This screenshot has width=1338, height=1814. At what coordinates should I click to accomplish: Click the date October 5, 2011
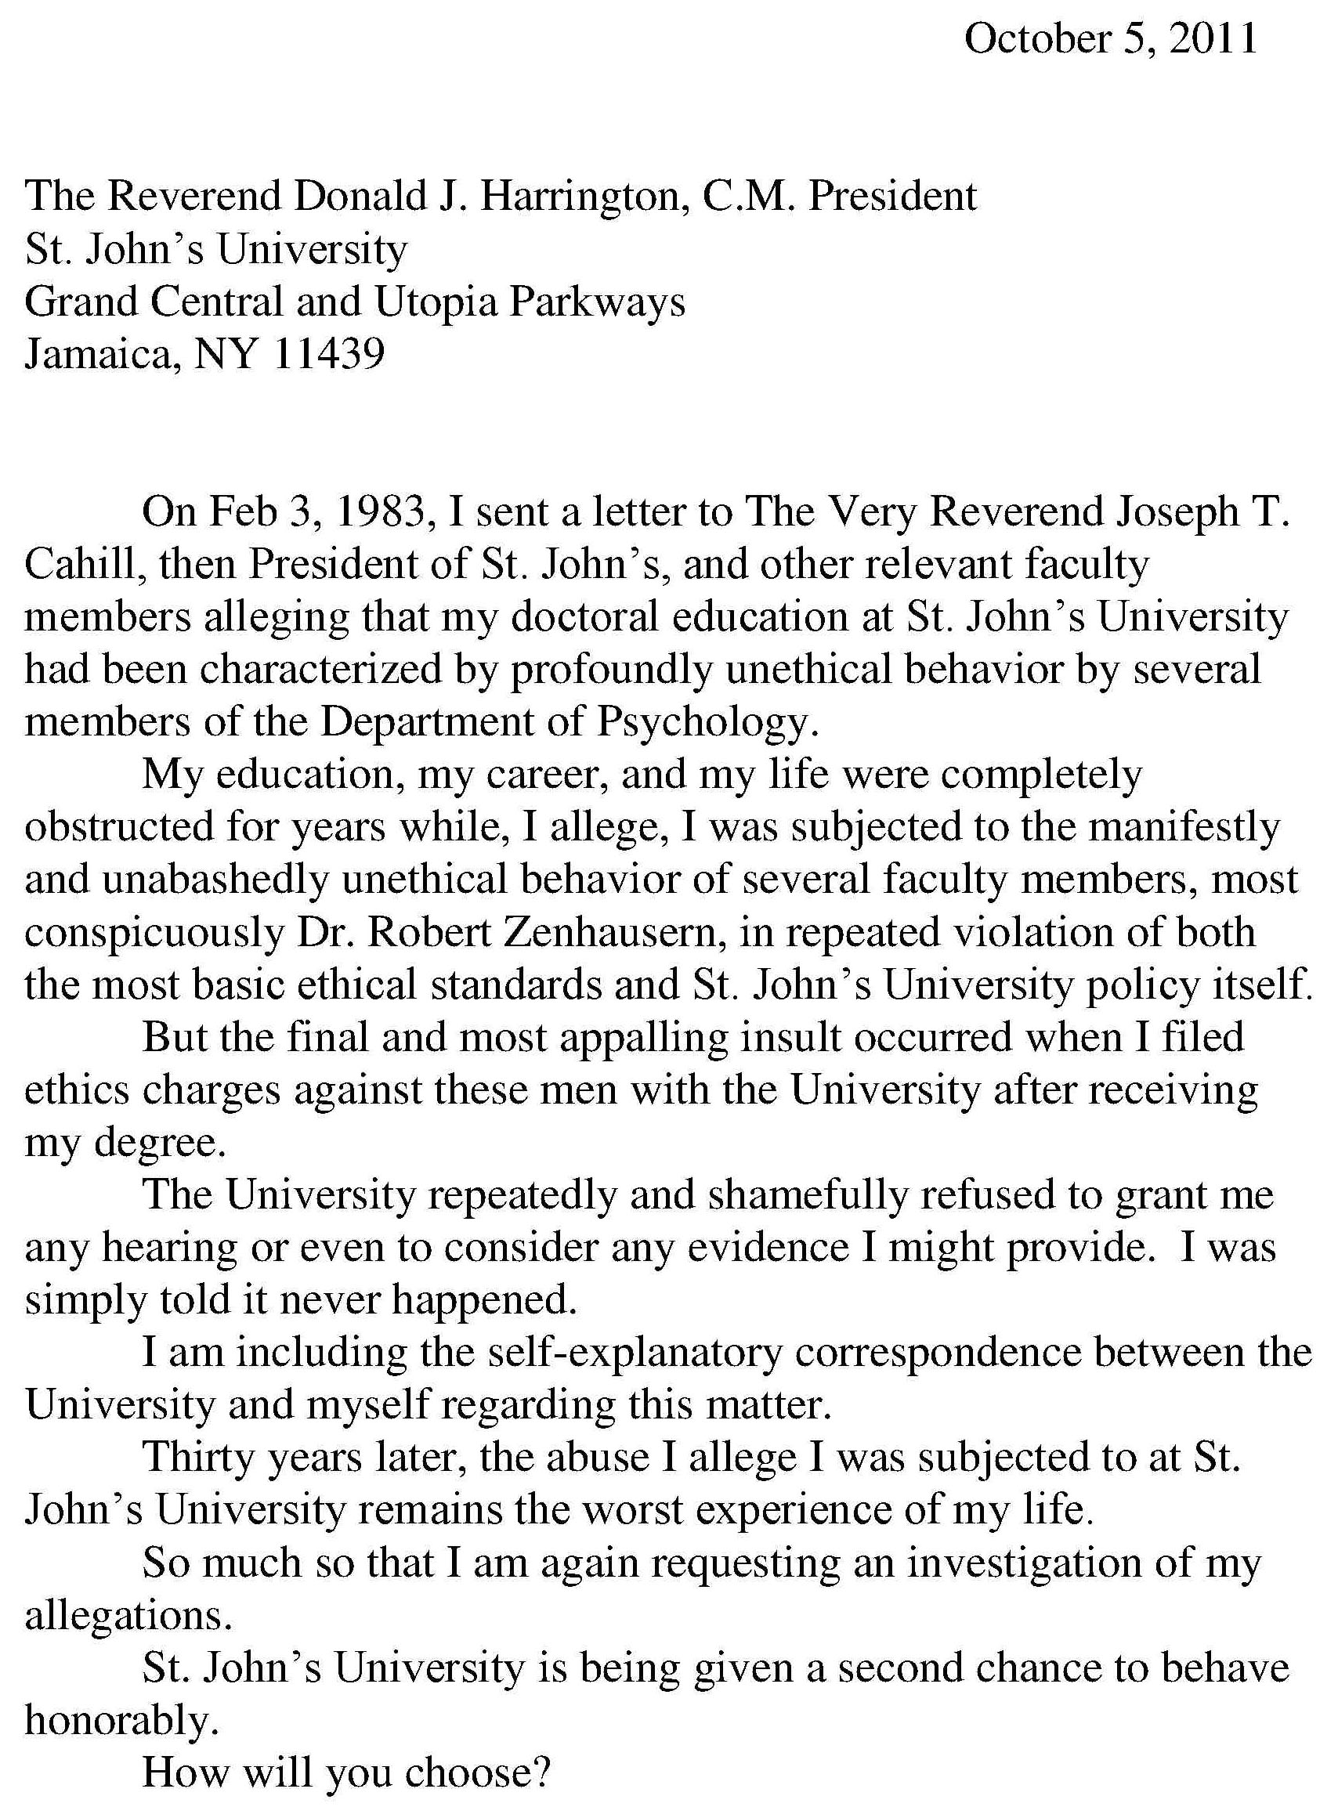[x=1110, y=38]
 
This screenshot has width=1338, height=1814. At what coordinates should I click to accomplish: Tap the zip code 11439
[x=329, y=354]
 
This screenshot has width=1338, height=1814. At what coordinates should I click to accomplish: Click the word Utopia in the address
[x=435, y=302]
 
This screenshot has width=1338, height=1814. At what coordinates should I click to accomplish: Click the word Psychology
[x=702, y=721]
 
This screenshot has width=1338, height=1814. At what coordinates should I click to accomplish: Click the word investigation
[x=1024, y=1563]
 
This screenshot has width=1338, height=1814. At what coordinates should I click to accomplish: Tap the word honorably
[x=121, y=1721]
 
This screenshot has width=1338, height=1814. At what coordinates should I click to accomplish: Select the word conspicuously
[x=153, y=932]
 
